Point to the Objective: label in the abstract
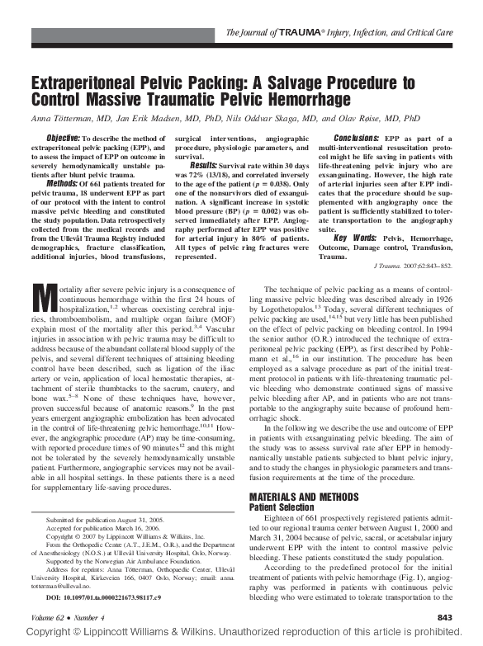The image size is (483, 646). (x=63, y=136)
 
